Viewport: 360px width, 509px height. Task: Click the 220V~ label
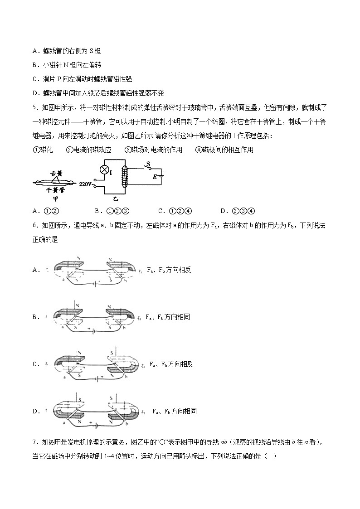tap(86, 185)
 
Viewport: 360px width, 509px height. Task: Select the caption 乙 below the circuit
tap(117, 199)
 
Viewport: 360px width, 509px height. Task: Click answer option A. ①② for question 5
tap(47, 210)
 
